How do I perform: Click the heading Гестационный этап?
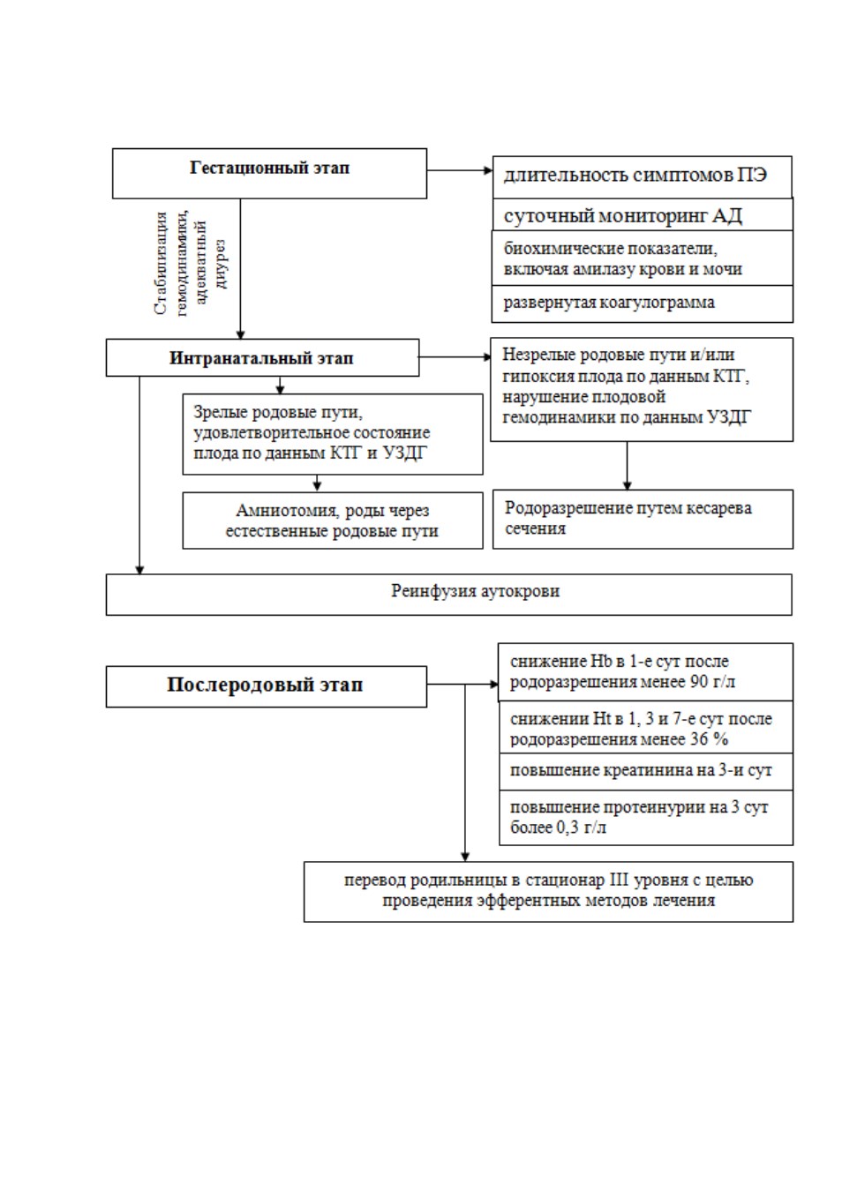click(270, 168)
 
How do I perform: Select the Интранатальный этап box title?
click(261, 358)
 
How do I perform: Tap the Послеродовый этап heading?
click(265, 685)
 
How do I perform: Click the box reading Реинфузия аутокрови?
click(449, 595)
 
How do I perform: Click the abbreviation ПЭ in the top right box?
click(752, 175)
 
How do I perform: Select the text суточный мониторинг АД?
click(622, 216)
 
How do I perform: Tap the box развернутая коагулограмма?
click(642, 303)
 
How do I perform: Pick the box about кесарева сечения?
click(643, 519)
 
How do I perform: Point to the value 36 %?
click(710, 739)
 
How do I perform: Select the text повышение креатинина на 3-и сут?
click(641, 770)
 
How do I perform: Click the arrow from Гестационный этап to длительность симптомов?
click(460, 170)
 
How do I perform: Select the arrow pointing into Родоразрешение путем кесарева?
click(628, 466)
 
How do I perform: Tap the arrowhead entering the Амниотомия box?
click(318, 486)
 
